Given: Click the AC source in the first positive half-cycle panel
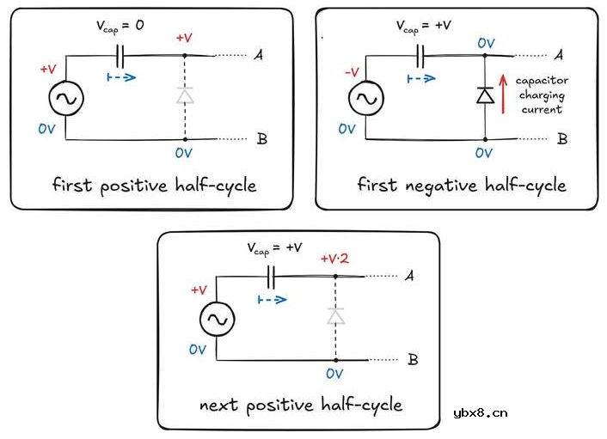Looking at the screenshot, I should point(65,100).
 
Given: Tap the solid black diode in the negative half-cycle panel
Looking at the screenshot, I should point(485,95).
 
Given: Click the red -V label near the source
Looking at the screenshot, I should point(350,72).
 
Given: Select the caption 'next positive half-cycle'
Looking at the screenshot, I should point(300,404).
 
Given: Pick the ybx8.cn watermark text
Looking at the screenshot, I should point(480,412).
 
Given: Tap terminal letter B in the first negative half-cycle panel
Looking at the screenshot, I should point(561,138).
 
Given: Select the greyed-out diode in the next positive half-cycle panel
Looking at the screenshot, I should point(335,316).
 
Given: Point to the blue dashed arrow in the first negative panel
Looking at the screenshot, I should point(420,78).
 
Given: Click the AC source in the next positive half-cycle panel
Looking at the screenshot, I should point(216,320).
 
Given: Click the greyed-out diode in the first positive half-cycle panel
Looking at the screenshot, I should point(184,95).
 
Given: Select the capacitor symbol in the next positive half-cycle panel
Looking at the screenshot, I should point(273,277).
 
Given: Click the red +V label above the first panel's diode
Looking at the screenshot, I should point(184,40).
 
